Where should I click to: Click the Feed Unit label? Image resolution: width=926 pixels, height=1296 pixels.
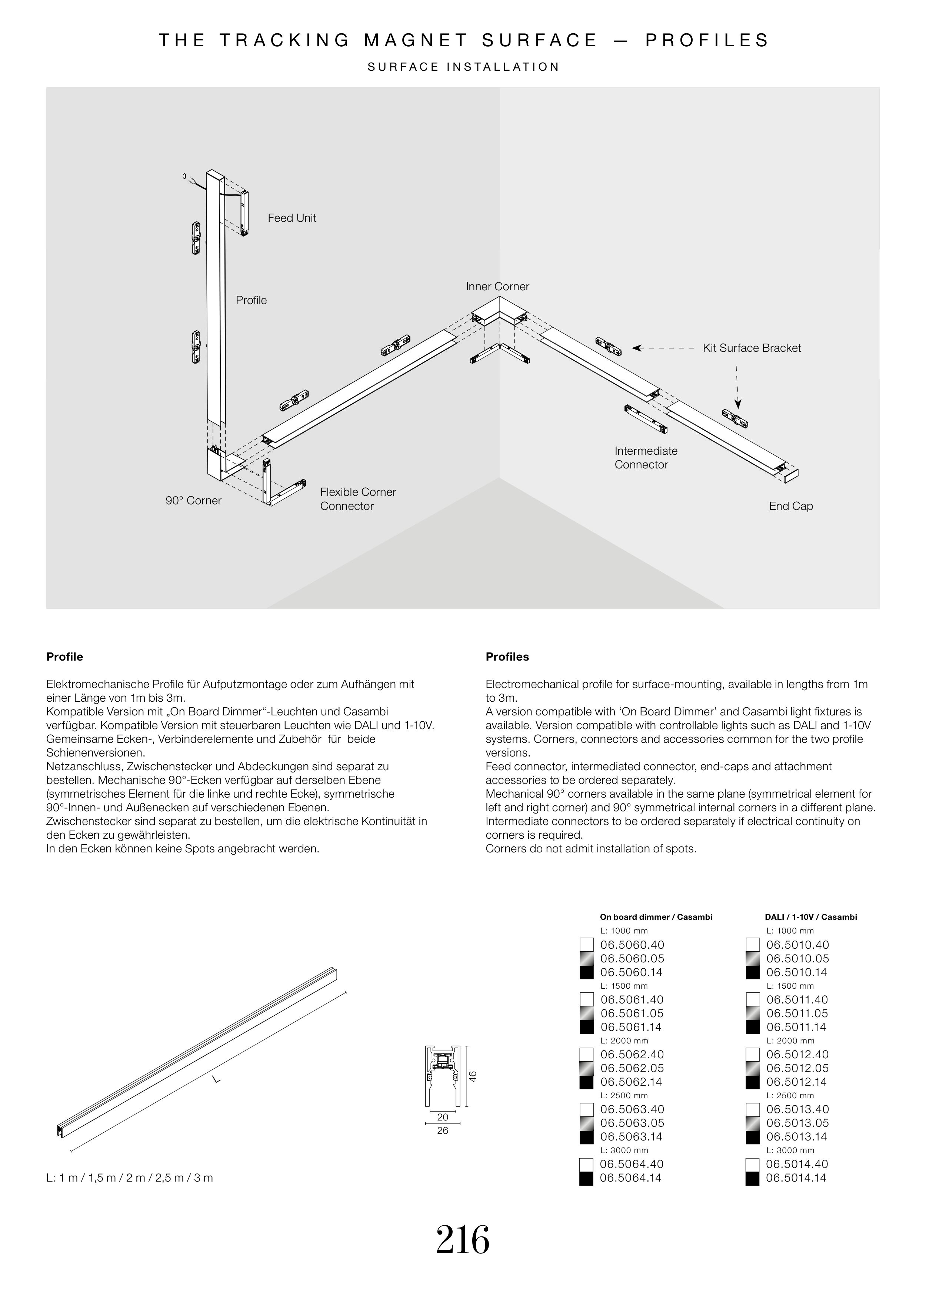click(292, 218)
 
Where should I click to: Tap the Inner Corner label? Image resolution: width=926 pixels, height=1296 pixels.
click(497, 287)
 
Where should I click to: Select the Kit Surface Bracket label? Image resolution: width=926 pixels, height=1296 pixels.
click(752, 348)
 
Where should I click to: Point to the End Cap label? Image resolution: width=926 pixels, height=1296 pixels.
click(790, 506)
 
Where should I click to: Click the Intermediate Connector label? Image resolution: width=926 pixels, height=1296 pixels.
click(646, 458)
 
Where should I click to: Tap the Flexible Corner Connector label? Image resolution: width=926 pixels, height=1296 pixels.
click(357, 499)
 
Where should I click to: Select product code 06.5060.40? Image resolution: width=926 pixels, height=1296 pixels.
click(632, 945)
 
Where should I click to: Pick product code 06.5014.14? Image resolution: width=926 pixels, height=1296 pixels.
click(796, 1178)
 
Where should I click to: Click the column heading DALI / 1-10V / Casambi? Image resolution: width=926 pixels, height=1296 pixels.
click(810, 917)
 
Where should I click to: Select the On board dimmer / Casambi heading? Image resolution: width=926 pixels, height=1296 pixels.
click(656, 917)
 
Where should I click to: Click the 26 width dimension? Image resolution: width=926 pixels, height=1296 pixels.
click(443, 1131)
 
